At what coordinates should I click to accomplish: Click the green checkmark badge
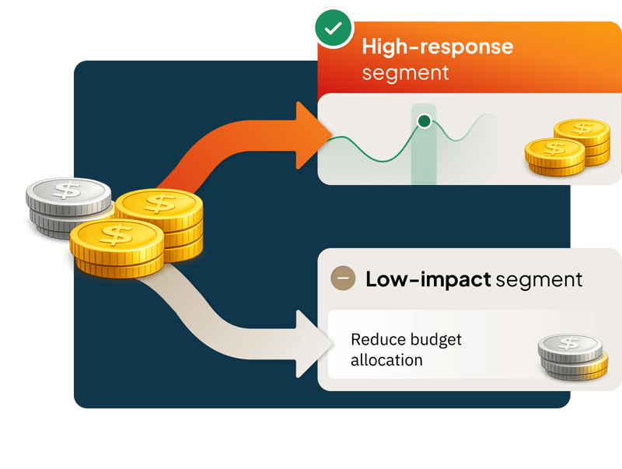point(333,29)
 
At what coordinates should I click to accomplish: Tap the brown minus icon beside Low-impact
point(343,278)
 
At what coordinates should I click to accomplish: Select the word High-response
point(437,47)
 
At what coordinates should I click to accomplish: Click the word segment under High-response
point(406,73)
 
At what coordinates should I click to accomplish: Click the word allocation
point(386,360)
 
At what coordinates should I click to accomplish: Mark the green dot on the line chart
point(424,121)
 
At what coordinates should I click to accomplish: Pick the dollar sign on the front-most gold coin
point(117,233)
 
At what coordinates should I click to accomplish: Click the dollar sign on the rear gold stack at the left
point(163,203)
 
